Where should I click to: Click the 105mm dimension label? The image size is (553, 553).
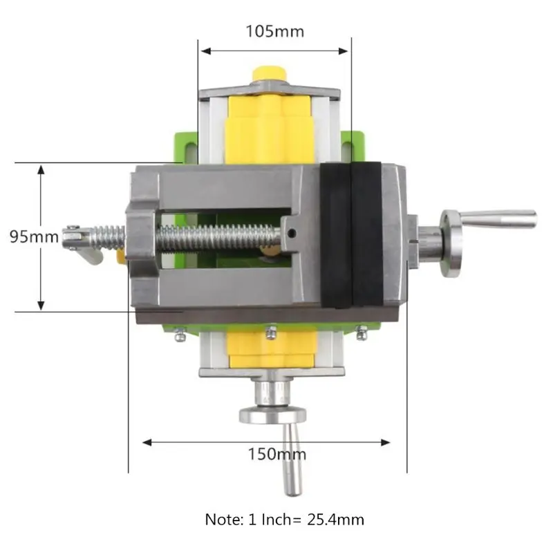point(274,31)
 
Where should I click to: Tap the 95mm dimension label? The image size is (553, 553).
point(34,236)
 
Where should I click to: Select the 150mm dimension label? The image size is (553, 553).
point(277,454)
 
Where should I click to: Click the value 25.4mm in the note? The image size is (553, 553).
point(335,520)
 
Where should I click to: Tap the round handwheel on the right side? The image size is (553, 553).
point(451,243)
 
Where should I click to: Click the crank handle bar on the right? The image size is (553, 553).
point(498,219)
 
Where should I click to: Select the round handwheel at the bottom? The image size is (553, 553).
point(272,415)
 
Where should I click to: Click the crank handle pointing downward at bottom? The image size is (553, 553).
point(292,459)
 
